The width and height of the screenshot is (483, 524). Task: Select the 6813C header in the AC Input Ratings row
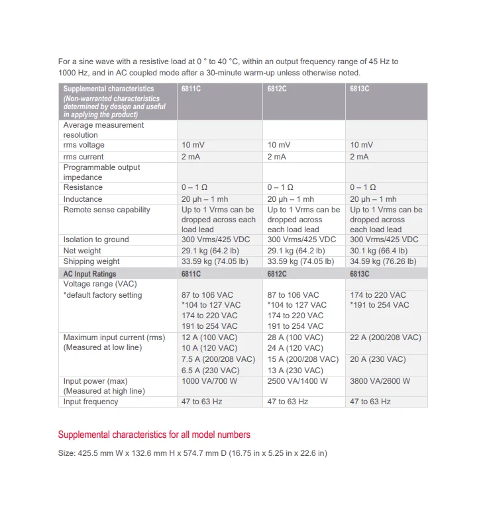[360, 273]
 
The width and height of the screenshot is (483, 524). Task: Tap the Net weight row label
[82, 251]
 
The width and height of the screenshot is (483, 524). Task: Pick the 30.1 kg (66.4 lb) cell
[378, 251]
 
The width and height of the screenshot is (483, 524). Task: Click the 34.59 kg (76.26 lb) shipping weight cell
[384, 261]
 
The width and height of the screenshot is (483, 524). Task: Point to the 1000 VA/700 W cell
[210, 381]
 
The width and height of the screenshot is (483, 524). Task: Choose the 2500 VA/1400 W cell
[297, 381]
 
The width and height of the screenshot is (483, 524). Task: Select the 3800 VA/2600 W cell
[380, 381]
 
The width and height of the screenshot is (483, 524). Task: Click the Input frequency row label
[91, 402]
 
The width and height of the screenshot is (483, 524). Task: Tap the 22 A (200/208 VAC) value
[386, 337]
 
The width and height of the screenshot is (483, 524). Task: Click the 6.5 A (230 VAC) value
[211, 371]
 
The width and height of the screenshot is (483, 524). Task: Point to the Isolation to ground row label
[96, 240]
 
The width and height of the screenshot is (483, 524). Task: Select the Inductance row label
[83, 199]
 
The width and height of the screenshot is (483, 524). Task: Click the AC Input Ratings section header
[89, 273]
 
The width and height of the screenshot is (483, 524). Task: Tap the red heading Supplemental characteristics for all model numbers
[154, 435]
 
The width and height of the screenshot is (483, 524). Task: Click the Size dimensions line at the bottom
[193, 453]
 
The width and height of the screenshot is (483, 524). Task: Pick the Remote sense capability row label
[107, 210]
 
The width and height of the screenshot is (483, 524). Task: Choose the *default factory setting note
[103, 295]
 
